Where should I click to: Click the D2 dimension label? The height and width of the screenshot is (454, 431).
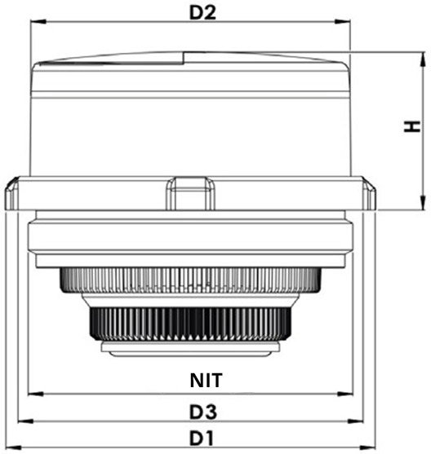[x=202, y=13]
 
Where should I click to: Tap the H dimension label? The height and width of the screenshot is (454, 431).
[x=412, y=126]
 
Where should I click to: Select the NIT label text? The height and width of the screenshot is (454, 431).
[x=207, y=380]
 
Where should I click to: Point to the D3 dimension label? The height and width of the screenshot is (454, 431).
[x=203, y=412]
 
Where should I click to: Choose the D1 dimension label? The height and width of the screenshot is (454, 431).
[x=202, y=439]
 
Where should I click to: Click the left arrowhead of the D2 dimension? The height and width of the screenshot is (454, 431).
[x=38, y=22]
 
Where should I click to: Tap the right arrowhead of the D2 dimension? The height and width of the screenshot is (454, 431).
[x=343, y=22]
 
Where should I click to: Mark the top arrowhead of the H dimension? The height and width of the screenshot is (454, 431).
[x=423, y=60]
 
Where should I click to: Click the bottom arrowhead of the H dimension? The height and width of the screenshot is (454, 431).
[x=423, y=202]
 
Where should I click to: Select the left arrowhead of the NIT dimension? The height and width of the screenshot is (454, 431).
[x=36, y=394]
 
